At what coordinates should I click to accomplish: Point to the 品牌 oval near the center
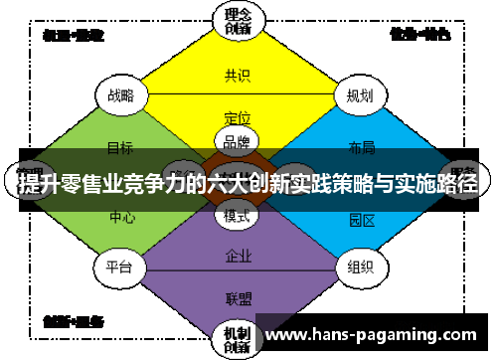pyautogui.click(x=238, y=141)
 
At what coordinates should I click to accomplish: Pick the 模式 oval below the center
pyautogui.click(x=238, y=215)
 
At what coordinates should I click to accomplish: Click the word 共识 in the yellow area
pyautogui.click(x=238, y=75)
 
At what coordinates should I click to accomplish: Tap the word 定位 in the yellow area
pyautogui.click(x=238, y=116)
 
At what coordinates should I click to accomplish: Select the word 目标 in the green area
pyautogui.click(x=120, y=147)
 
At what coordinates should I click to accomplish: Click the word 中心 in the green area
pyautogui.click(x=122, y=216)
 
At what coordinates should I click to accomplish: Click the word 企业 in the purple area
pyautogui.click(x=238, y=255)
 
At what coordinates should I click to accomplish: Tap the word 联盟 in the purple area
pyautogui.click(x=238, y=296)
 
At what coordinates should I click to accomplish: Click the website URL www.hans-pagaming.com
pyautogui.click(x=374, y=332)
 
